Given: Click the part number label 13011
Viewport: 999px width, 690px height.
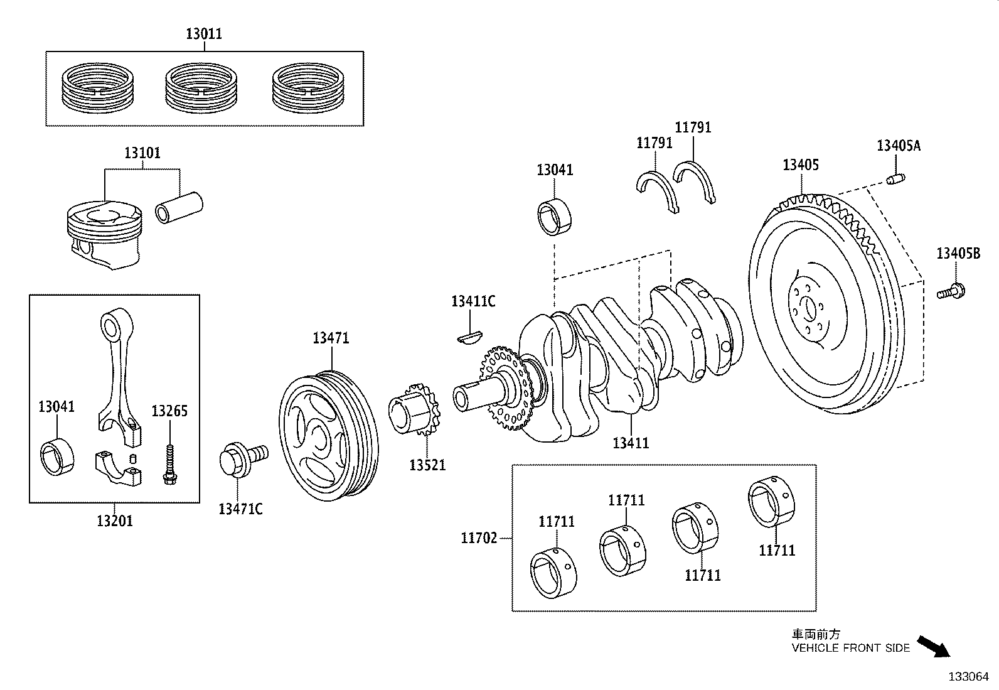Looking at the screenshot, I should pyautogui.click(x=204, y=33).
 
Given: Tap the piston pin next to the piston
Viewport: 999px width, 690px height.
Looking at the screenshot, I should pyautogui.click(x=180, y=208).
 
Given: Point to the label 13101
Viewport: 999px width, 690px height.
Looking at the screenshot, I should pyautogui.click(x=142, y=153).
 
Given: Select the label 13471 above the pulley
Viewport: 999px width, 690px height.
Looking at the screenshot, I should pyautogui.click(x=331, y=338).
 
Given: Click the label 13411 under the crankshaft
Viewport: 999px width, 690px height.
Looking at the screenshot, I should pyautogui.click(x=631, y=443).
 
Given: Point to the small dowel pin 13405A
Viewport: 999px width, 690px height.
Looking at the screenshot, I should pyautogui.click(x=895, y=180).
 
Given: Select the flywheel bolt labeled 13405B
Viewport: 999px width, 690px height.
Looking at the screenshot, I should pyautogui.click(x=952, y=291).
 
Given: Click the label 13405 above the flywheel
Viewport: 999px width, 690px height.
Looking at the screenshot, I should pyautogui.click(x=801, y=165).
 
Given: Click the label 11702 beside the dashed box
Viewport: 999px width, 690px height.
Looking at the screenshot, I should pyautogui.click(x=479, y=537).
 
